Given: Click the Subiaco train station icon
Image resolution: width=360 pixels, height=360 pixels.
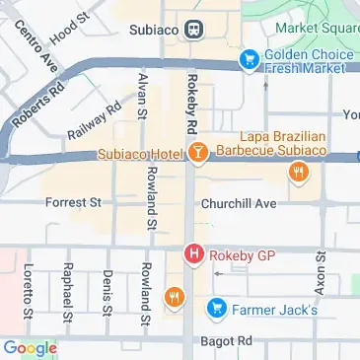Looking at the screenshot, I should [x=197, y=29].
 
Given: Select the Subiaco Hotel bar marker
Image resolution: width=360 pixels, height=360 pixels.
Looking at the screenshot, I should [x=196, y=153].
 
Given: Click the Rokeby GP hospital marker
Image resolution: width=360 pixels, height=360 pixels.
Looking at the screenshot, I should [x=194, y=254].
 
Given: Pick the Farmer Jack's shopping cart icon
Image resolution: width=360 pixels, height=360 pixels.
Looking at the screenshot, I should [x=215, y=310].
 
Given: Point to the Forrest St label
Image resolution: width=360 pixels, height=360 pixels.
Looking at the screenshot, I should [x=74, y=203].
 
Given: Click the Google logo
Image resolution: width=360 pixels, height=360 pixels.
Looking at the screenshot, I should [x=30, y=347].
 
